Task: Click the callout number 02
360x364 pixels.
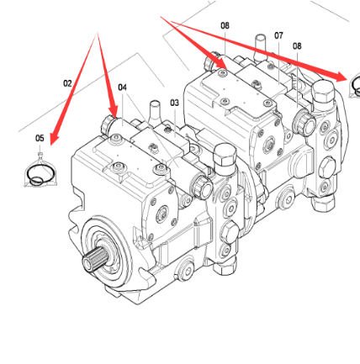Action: tap(67, 83)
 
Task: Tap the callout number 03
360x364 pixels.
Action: tap(174, 103)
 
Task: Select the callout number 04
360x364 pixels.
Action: tap(122, 87)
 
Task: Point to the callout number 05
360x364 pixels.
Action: tap(40, 138)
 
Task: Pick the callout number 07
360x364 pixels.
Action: tap(278, 35)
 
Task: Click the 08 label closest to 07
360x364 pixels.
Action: tap(297, 46)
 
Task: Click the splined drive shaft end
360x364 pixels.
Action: tap(93, 258)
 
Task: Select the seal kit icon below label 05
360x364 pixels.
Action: tap(40, 171)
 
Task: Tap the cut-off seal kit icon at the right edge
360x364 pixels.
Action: tap(354, 85)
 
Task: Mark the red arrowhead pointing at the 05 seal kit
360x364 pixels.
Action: tap(55, 138)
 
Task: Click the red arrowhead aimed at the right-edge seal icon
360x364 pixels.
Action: tap(342, 76)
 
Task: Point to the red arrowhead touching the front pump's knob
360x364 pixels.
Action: tap(114, 111)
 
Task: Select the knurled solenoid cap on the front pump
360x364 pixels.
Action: tap(202, 187)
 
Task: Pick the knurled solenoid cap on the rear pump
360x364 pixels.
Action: tap(304, 123)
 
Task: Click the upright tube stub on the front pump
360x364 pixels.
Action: tap(155, 109)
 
